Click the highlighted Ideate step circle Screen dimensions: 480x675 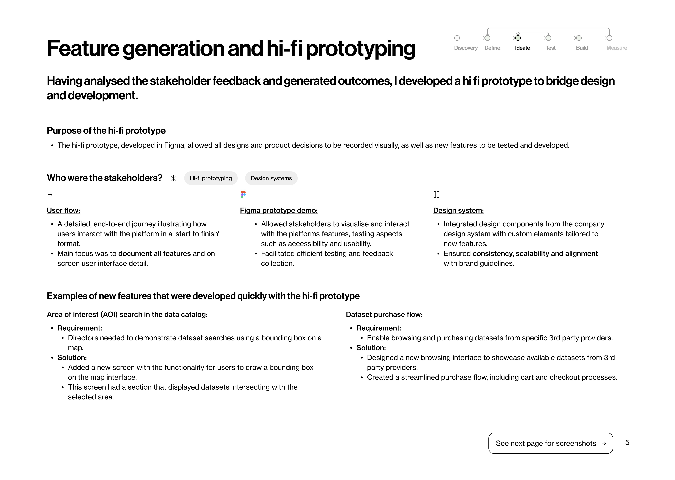click(x=518, y=38)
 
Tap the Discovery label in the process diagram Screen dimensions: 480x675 click(x=466, y=48)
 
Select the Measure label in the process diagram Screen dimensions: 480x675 click(x=616, y=48)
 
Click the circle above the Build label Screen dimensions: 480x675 click(x=579, y=38)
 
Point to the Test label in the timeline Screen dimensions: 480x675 click(x=550, y=48)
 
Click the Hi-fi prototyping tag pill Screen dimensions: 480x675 click(x=211, y=178)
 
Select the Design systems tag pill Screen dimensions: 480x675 click(x=271, y=178)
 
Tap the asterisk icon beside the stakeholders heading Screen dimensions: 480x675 click(x=173, y=178)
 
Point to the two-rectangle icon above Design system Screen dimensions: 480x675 click(x=436, y=194)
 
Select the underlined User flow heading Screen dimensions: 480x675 click(x=63, y=210)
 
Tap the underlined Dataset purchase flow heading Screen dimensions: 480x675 click(x=384, y=315)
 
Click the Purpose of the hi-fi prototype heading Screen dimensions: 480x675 click(x=106, y=131)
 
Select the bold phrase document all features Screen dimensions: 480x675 click(x=154, y=254)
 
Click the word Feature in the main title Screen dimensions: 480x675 click(x=83, y=48)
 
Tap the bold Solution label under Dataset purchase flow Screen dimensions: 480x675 click(x=371, y=348)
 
